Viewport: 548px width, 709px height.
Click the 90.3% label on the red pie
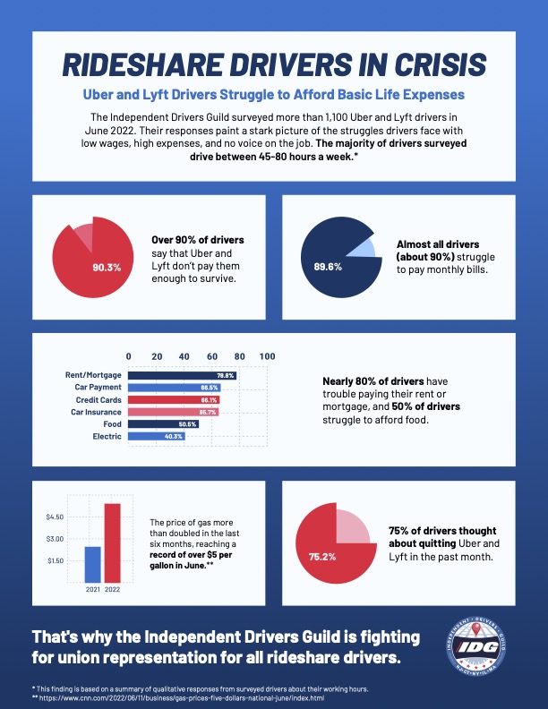[107, 267]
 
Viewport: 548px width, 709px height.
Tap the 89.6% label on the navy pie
[328, 267]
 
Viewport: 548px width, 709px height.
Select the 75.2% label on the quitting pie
[322, 556]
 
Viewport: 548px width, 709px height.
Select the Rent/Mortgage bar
[183, 375]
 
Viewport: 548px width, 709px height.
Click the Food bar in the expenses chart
[164, 423]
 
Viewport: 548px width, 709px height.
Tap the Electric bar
[157, 436]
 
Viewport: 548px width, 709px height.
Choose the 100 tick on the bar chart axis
[267, 356]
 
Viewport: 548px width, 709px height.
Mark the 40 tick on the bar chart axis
[184, 356]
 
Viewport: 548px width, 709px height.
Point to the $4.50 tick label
[54, 517]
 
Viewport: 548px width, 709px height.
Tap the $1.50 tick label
[54, 560]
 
